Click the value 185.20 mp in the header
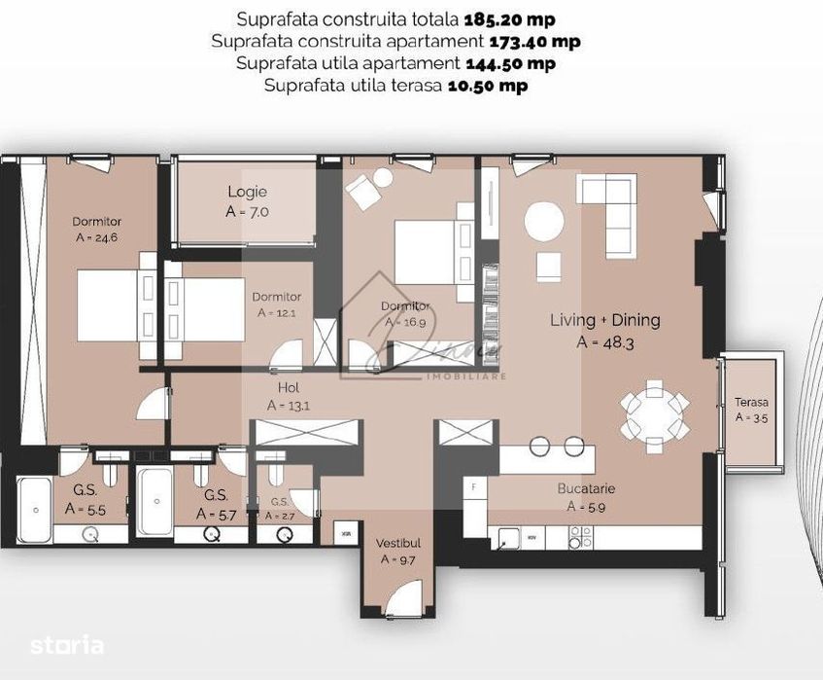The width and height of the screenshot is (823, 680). click(508, 18)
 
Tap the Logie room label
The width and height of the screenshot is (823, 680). click(247, 192)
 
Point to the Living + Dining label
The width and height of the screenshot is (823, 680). click(604, 320)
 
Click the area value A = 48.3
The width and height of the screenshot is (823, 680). click(604, 341)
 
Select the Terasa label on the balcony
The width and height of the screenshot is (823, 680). click(751, 402)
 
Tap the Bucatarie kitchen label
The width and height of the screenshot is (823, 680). click(586, 488)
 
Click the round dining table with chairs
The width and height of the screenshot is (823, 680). click(654, 413)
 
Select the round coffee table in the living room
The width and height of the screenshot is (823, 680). click(544, 222)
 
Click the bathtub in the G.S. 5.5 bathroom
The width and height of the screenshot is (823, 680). click(34, 508)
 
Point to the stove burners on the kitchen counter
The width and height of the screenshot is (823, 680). click(579, 537)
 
